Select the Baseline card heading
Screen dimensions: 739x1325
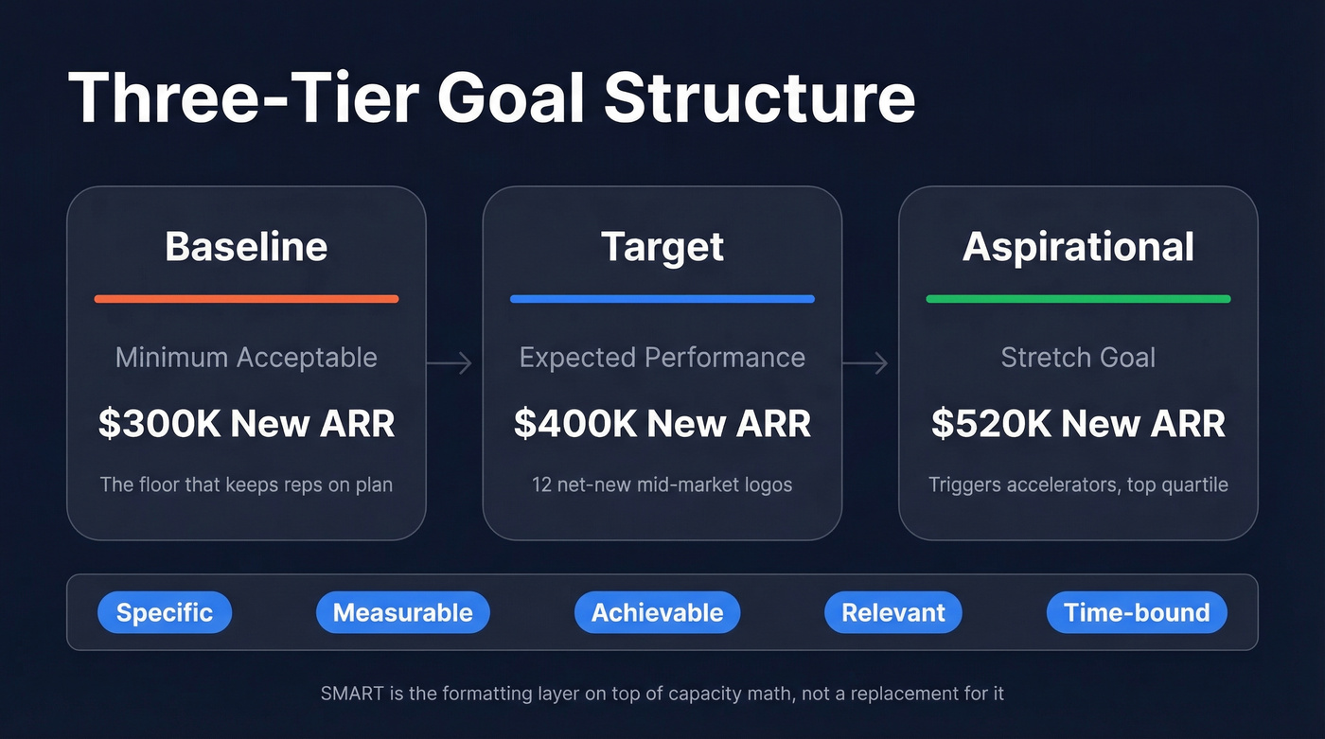tap(246, 247)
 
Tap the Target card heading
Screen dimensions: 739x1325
tap(662, 247)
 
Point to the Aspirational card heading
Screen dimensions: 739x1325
tap(1078, 247)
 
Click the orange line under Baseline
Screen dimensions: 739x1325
tap(246, 299)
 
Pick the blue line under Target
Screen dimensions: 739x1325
tap(662, 299)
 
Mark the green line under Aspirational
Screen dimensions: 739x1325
tap(1078, 299)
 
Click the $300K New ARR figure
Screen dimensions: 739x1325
tap(246, 424)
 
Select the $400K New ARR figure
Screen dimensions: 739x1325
tap(662, 424)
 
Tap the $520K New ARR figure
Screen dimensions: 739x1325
tap(1078, 424)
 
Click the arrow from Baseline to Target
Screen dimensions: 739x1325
tap(450, 362)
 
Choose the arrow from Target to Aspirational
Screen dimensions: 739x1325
tap(866, 362)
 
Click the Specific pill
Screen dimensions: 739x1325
tap(165, 613)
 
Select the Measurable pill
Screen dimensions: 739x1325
tap(403, 613)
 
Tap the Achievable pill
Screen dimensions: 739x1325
tap(657, 613)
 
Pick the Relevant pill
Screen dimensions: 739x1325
tap(893, 613)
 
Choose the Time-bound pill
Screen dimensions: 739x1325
tap(1137, 613)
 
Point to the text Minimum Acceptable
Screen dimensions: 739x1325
tap(246, 358)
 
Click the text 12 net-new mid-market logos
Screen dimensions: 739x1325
tap(662, 485)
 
